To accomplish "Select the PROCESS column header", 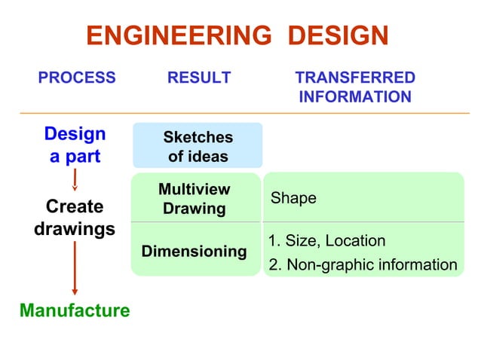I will click(77, 78).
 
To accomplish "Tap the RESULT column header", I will click(199, 78).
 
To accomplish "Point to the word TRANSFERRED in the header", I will click(354, 78).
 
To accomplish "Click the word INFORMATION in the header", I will click(354, 97).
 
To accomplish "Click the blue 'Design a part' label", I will click(75, 145).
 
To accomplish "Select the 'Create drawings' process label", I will click(75, 217).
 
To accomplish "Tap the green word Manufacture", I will click(75, 310).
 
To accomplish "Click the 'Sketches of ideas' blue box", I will click(198, 147).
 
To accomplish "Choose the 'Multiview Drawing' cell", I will click(195, 199).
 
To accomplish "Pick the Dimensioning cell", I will click(195, 251).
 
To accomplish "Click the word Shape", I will click(293, 198).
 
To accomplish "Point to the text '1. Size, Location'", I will click(327, 241).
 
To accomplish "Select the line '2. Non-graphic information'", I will click(363, 264).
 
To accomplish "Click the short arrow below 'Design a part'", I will click(75, 180).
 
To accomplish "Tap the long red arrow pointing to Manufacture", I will click(75, 267).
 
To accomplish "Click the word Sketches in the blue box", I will click(198, 138).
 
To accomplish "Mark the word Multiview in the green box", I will click(195, 190).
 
